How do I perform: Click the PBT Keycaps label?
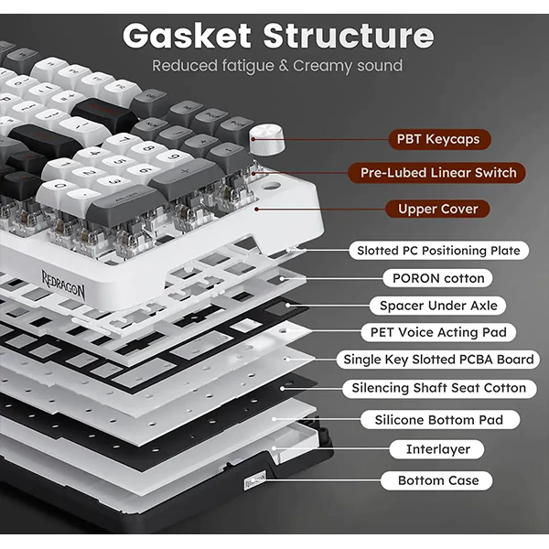coord(438,139)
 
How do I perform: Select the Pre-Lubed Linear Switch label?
coord(437,172)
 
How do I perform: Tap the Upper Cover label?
coord(437,209)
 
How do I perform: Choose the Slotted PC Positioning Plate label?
coord(438,250)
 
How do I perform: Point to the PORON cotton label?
coord(438,277)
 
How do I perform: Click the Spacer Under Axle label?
coord(438,306)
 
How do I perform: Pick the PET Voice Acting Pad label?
coord(438,332)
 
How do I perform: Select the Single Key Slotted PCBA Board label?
coord(438,360)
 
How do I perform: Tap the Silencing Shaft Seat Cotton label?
coord(438,388)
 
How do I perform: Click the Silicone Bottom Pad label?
coord(438,420)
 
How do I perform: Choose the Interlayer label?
coord(438,449)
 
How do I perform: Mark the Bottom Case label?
coord(438,480)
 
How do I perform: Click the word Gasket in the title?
coord(188,37)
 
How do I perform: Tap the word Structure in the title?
coord(348,37)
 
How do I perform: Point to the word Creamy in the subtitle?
coord(327,66)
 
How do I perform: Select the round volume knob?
coord(266,137)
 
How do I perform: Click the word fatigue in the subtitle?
coord(242,66)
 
